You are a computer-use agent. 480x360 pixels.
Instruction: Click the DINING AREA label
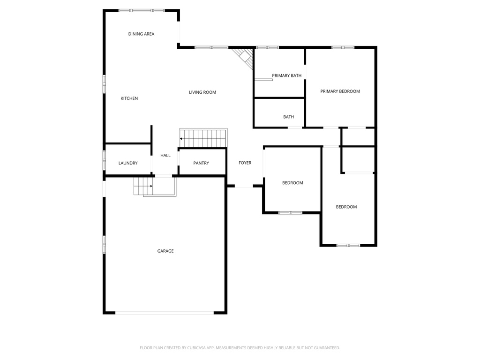click(141, 34)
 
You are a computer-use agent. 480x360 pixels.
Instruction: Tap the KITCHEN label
click(129, 98)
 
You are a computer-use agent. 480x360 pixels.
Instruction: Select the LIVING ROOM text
click(202, 92)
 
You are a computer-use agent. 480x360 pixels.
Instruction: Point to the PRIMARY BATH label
click(286, 75)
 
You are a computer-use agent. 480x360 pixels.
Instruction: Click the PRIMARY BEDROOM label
click(340, 91)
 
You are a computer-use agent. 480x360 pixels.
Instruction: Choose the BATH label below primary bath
click(288, 117)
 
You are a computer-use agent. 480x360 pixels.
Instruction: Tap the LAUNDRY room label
click(128, 163)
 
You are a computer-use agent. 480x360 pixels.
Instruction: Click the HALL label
click(165, 155)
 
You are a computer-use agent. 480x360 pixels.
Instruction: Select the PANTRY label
click(201, 163)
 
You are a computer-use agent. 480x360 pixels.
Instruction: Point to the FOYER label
click(245, 163)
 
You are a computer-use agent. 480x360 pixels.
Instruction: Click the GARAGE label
click(165, 251)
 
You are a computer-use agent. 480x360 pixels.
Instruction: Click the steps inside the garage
click(143, 186)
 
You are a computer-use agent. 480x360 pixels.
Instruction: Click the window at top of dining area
click(141, 10)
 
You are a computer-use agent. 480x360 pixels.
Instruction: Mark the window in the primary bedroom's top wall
click(343, 47)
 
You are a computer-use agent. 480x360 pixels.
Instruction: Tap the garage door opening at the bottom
click(165, 312)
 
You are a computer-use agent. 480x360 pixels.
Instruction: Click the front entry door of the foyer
click(244, 187)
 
